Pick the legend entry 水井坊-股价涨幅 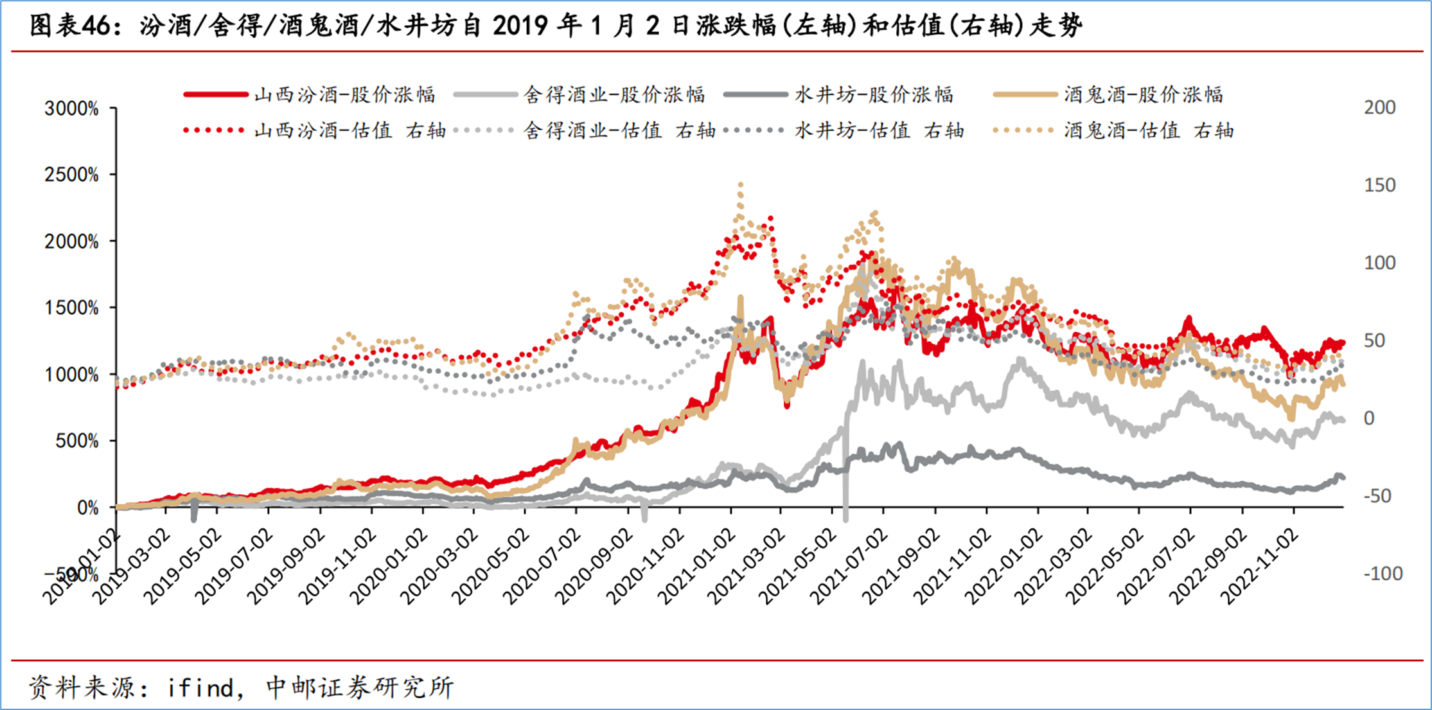[x=838, y=95]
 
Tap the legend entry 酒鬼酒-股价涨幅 [x=1108, y=95]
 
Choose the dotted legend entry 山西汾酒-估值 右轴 [x=315, y=130]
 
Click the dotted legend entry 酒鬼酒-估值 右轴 [x=1113, y=130]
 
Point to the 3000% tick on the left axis [x=72, y=109]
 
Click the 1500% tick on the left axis [x=72, y=308]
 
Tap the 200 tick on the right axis [x=1380, y=107]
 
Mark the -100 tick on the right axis [x=1383, y=573]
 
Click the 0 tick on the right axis [x=1370, y=418]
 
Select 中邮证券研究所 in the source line [x=360, y=688]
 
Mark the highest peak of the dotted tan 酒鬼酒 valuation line [x=740, y=184]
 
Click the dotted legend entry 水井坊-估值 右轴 [x=844, y=130]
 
